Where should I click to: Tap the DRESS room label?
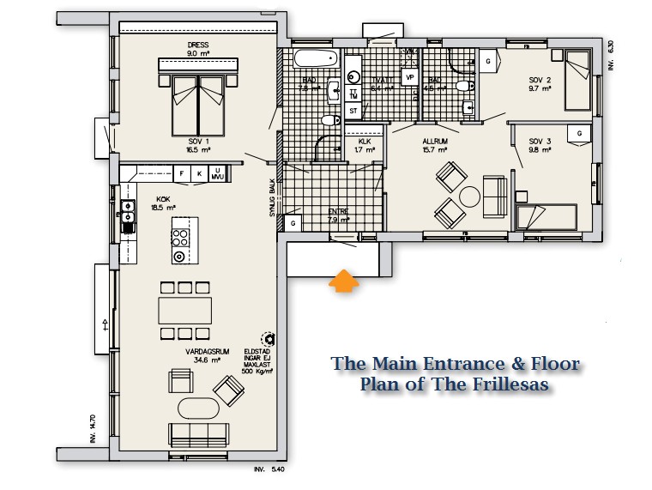point(198,45)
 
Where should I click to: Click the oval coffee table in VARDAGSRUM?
point(197,408)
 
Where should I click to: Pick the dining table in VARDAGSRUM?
point(185,309)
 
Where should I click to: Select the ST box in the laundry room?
point(353,111)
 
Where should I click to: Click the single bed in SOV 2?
point(578,80)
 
